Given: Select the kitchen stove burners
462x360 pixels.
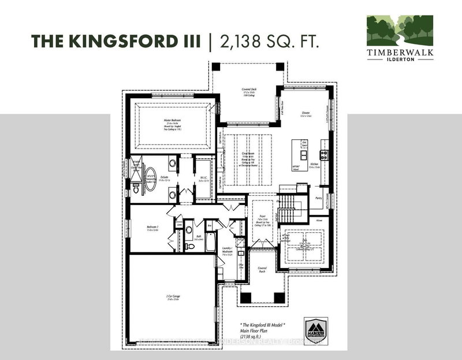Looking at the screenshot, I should pyautogui.click(x=324, y=154).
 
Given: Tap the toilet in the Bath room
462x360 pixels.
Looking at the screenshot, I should pyautogui.click(x=189, y=230).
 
